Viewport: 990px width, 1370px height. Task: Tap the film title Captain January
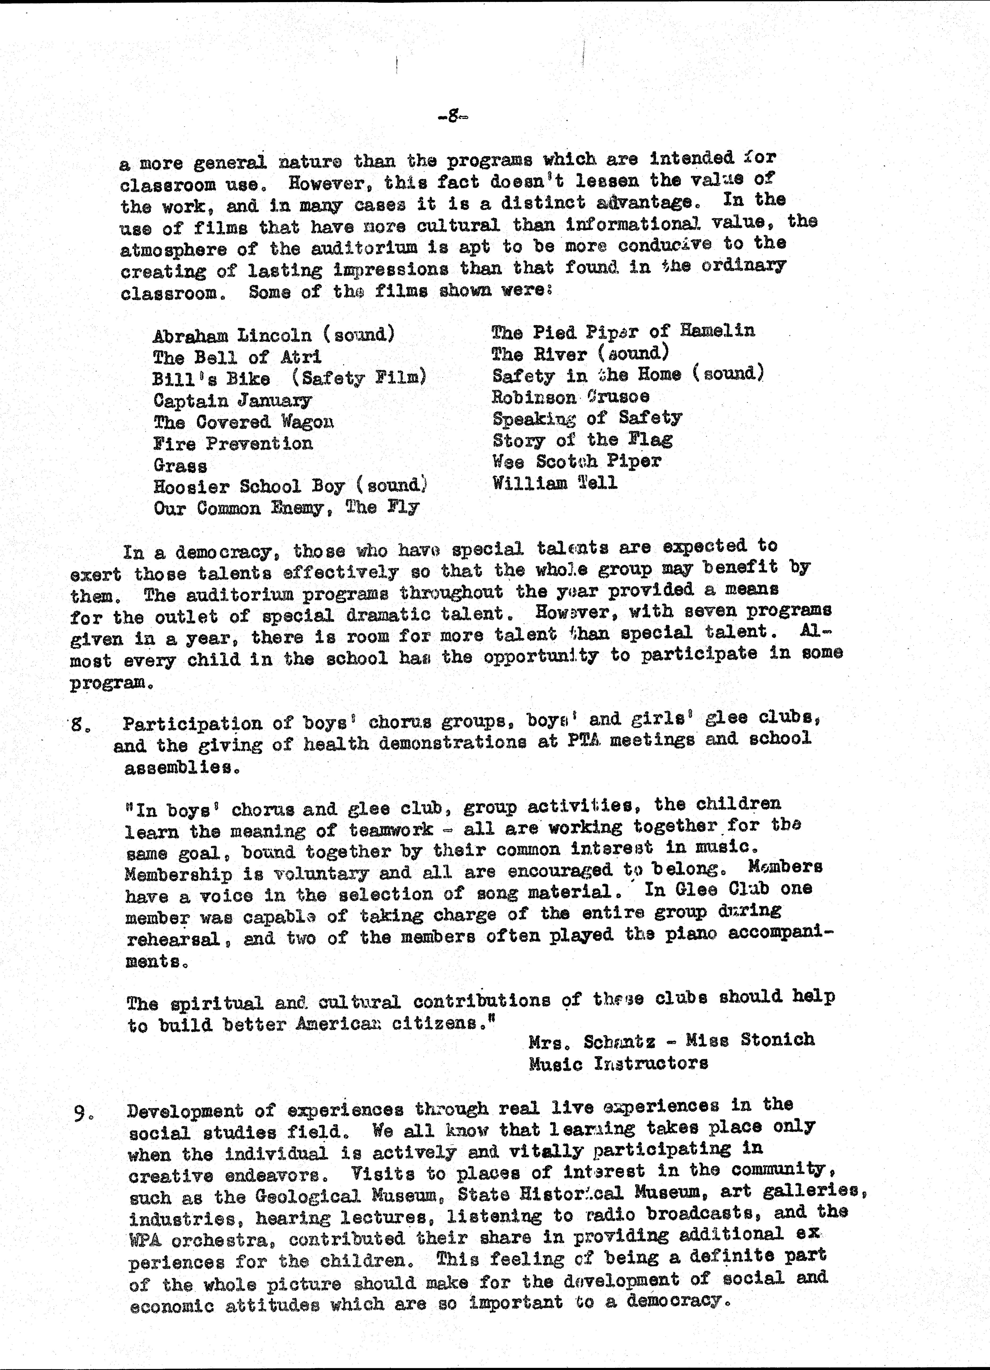pos(232,400)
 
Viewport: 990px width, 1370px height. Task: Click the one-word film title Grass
pos(180,466)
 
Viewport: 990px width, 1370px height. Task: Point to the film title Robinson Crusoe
pos(571,397)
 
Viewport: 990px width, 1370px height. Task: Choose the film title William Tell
pos(555,483)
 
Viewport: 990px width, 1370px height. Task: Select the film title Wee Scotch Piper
pos(577,462)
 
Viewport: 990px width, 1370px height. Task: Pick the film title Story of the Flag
pos(582,440)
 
